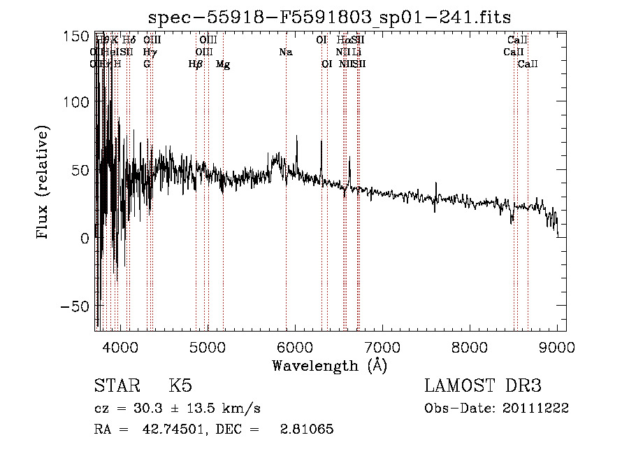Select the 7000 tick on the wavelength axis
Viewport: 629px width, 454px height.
click(x=382, y=346)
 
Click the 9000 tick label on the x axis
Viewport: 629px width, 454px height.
click(x=557, y=346)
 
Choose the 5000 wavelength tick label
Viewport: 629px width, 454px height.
click(x=207, y=346)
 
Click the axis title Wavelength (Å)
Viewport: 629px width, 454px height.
click(x=330, y=365)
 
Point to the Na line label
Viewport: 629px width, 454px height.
click(x=285, y=52)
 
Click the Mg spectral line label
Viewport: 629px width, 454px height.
click(x=223, y=64)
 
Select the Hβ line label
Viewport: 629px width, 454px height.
click(x=196, y=64)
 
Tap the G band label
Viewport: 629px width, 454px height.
click(x=147, y=64)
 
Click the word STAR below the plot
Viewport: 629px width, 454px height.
click(x=116, y=386)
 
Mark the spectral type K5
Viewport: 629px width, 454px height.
click(x=180, y=386)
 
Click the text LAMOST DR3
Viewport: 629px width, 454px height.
click(x=483, y=386)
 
